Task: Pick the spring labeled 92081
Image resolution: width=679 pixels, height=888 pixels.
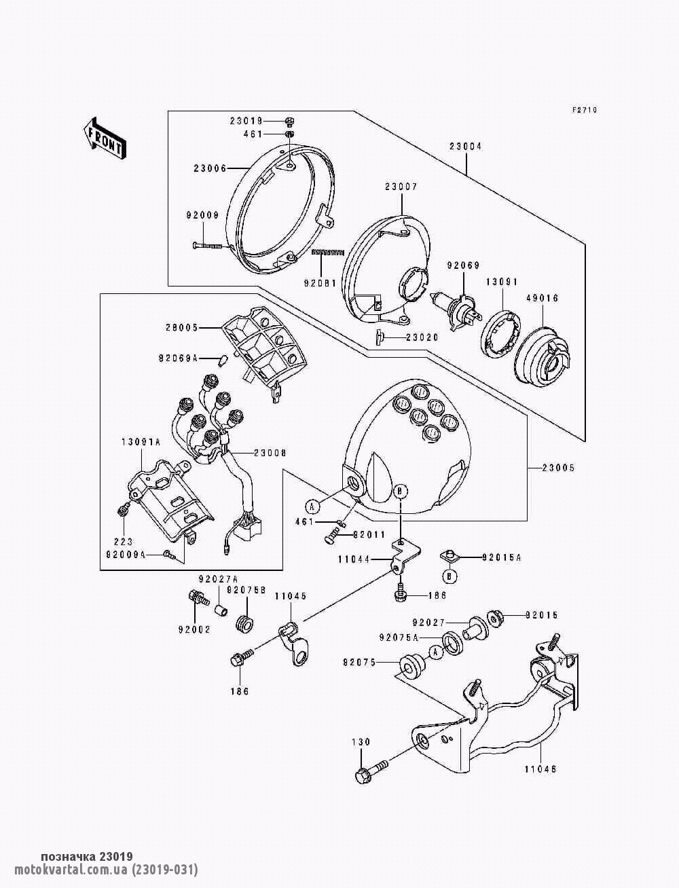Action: tap(328, 253)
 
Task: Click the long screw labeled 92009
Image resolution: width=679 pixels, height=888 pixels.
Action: tap(209, 245)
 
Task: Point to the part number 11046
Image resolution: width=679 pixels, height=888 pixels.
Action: tap(540, 770)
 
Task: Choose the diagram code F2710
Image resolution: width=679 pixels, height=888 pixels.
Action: tap(584, 110)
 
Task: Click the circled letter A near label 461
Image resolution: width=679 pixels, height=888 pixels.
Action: tap(312, 505)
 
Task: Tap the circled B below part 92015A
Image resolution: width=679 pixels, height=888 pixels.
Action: tap(449, 576)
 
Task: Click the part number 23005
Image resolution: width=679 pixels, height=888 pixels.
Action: tap(558, 468)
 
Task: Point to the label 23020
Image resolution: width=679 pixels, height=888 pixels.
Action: tap(422, 337)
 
